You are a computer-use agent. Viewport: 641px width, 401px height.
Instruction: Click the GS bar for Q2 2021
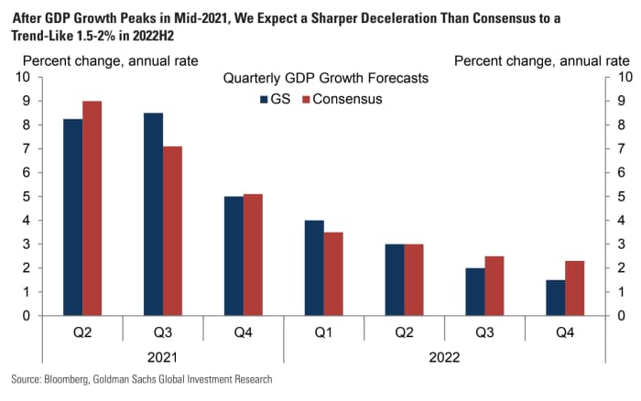(x=72, y=217)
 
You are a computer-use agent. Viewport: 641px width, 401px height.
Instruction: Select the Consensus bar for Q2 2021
(x=92, y=208)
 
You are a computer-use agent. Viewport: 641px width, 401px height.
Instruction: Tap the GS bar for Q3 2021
(x=153, y=214)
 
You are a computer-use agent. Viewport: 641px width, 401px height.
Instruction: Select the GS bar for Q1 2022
(x=314, y=267)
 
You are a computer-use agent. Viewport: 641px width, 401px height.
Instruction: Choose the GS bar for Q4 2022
(x=556, y=298)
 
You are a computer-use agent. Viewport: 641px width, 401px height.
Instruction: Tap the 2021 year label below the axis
(x=163, y=356)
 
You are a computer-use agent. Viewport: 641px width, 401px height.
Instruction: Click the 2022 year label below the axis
(x=445, y=356)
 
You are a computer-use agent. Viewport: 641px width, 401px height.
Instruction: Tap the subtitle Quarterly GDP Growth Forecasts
(x=323, y=79)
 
